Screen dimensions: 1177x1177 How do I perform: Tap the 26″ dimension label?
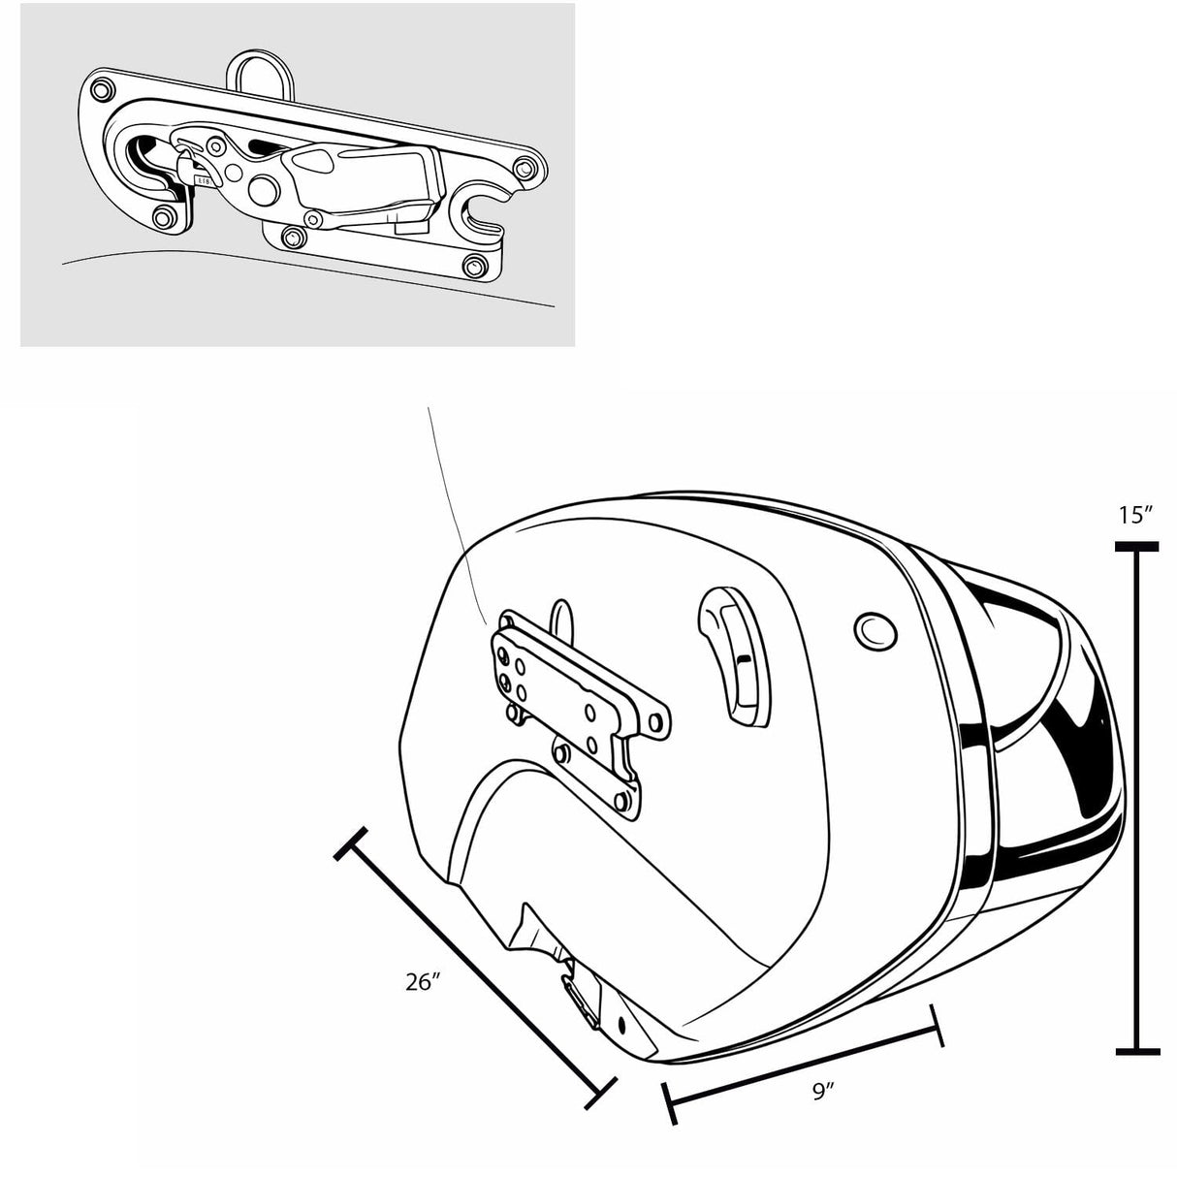[424, 981]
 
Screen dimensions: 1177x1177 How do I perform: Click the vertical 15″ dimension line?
[1137, 795]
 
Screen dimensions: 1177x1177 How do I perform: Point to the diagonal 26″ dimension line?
[475, 966]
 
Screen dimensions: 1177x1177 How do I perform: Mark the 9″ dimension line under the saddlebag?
[803, 1066]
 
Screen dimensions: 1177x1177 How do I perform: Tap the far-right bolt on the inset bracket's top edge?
[525, 169]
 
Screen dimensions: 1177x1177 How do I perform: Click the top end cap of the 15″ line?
[1136, 548]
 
